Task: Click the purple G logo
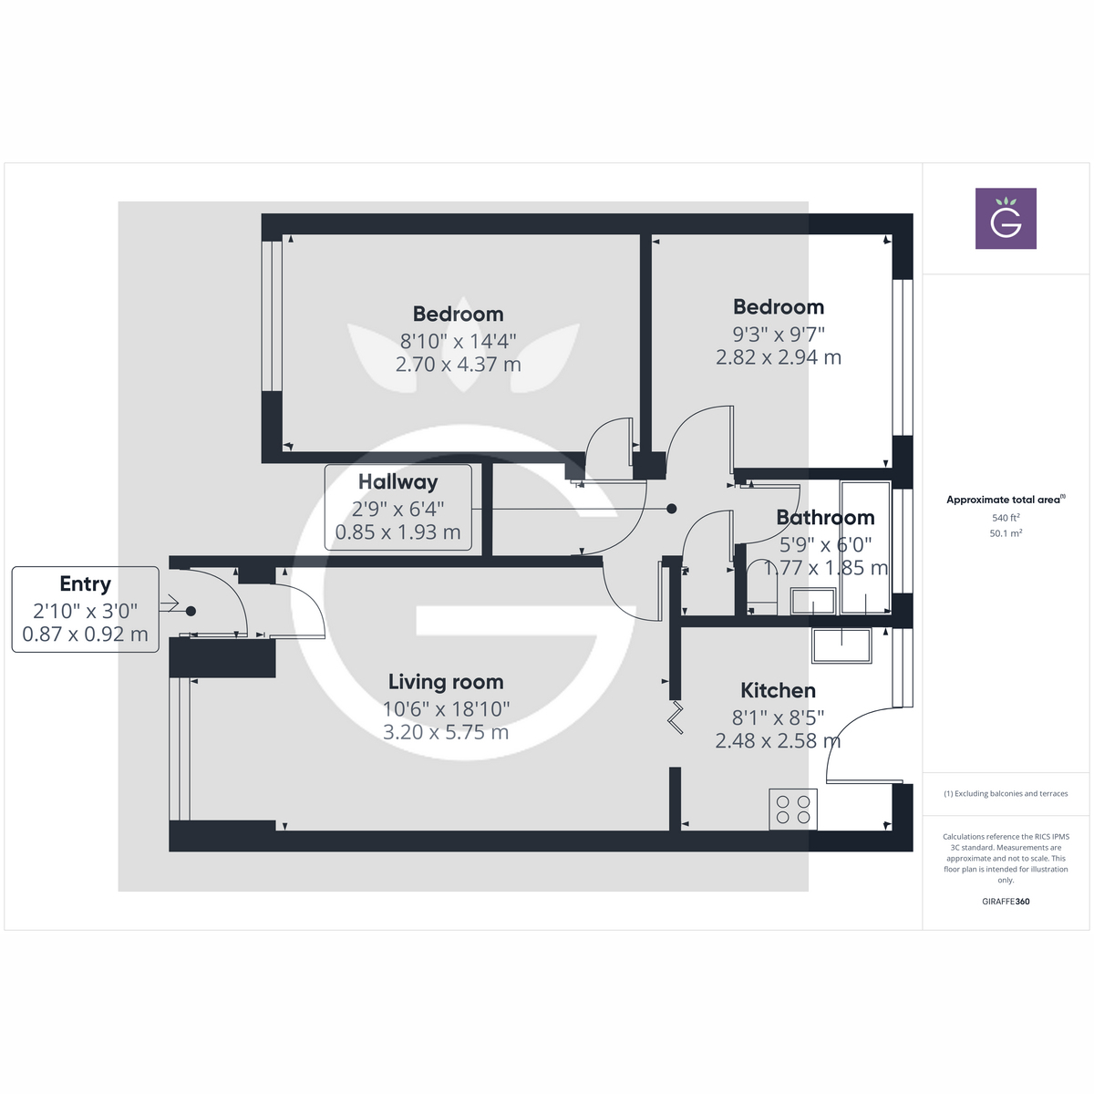click(x=1006, y=219)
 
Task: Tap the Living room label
click(x=446, y=682)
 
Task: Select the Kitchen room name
click(x=778, y=691)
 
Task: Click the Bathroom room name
click(x=825, y=518)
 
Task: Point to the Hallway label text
click(x=397, y=482)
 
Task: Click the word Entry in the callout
click(x=85, y=584)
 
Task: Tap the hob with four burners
click(x=792, y=809)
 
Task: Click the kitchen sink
click(x=841, y=645)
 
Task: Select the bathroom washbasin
click(x=812, y=602)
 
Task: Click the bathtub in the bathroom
click(x=864, y=547)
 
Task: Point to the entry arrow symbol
click(x=169, y=604)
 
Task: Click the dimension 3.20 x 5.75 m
click(x=446, y=732)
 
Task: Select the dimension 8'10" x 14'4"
click(x=458, y=341)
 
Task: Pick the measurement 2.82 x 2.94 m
click(x=778, y=357)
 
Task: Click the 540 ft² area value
click(x=1006, y=518)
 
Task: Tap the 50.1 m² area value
click(x=1006, y=533)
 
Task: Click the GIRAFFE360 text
click(x=1006, y=902)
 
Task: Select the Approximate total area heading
click(x=1004, y=500)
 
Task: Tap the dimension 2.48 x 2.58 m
click(x=778, y=741)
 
